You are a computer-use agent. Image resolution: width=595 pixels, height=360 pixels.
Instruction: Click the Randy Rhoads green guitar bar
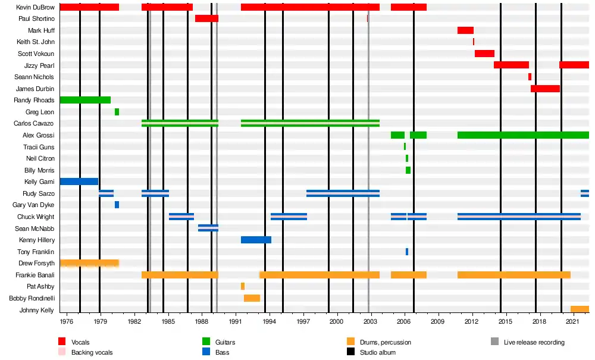click(x=85, y=100)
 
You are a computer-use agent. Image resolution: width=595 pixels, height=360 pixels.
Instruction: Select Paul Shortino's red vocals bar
click(x=206, y=18)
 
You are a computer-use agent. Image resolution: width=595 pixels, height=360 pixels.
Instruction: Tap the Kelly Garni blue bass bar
click(x=79, y=181)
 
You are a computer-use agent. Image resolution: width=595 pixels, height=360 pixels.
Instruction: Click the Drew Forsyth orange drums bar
click(x=89, y=263)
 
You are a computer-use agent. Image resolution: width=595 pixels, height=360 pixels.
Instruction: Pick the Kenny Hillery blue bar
click(x=256, y=240)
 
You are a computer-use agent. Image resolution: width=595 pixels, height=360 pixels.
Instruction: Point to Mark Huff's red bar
click(x=465, y=30)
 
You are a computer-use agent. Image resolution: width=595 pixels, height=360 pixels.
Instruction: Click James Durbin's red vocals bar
click(x=545, y=89)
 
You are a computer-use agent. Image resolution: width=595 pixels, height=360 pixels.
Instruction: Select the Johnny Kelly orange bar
click(x=580, y=309)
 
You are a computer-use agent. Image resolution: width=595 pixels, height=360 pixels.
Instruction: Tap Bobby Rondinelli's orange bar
click(x=252, y=298)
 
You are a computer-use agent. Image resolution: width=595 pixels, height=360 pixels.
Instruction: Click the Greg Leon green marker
click(x=117, y=112)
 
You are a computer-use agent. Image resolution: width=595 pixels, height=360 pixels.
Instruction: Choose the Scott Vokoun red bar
click(x=484, y=54)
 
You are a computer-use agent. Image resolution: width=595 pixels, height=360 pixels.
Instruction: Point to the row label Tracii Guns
click(x=39, y=147)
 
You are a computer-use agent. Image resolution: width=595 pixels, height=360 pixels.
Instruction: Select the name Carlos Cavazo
click(x=34, y=124)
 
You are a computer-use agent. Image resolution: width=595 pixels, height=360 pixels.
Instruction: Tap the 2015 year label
click(x=506, y=322)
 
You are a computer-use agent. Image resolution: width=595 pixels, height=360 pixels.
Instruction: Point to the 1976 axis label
click(x=67, y=322)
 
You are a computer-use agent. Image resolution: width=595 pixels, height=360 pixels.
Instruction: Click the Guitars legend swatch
click(x=206, y=342)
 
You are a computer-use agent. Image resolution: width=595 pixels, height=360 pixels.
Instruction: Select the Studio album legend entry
click(x=377, y=353)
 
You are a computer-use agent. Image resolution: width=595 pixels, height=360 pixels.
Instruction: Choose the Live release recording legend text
click(x=534, y=343)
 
